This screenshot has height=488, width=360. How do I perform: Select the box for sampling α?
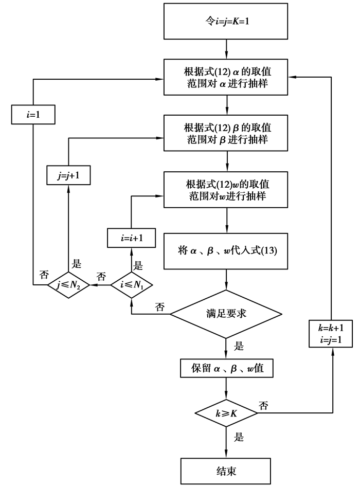tap(226, 78)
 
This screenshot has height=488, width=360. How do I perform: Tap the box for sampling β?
tap(226, 133)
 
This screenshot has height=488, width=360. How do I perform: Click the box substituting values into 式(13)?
tap(226, 252)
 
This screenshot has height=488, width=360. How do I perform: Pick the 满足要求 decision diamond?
tap(226, 313)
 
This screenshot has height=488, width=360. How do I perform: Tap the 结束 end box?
tap(226, 470)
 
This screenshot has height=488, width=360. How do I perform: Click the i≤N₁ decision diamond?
tap(131, 284)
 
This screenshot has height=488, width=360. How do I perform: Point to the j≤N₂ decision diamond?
tap(68, 284)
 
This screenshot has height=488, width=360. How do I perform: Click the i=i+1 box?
tap(131, 238)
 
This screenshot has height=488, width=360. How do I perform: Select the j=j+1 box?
tap(68, 174)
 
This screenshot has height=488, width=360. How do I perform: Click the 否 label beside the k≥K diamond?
tap(263, 406)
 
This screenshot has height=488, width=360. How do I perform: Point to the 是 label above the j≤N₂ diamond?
tap(77, 264)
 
